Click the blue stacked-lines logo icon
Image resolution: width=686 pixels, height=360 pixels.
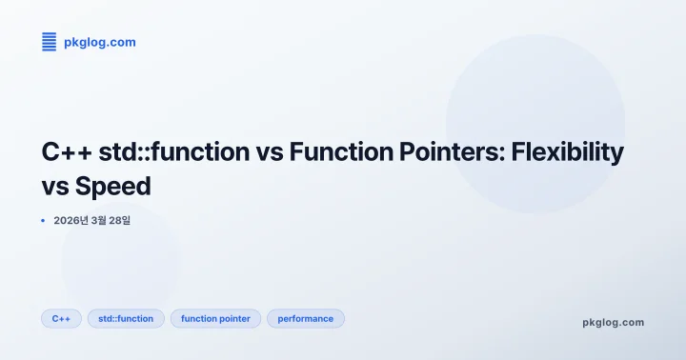[x=50, y=41]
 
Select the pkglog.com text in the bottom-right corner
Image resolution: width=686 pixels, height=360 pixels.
[x=613, y=322]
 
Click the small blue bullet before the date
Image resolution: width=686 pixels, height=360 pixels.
[x=44, y=221]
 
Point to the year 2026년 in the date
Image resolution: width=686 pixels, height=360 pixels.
[x=72, y=221]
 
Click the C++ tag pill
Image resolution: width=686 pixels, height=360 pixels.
[x=61, y=319]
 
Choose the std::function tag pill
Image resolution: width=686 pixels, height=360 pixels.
[x=126, y=319]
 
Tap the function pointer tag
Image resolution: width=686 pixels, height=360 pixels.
[x=215, y=319]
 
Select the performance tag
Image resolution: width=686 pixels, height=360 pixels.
[x=305, y=319]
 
